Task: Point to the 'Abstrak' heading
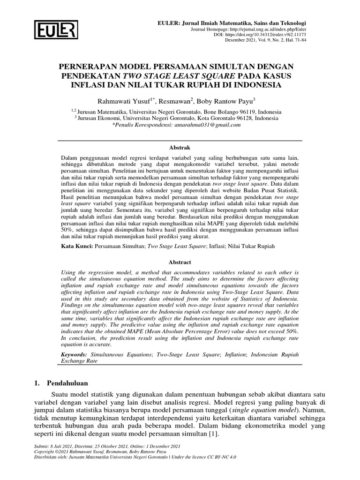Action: [180, 147]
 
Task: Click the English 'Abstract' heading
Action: [180, 262]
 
